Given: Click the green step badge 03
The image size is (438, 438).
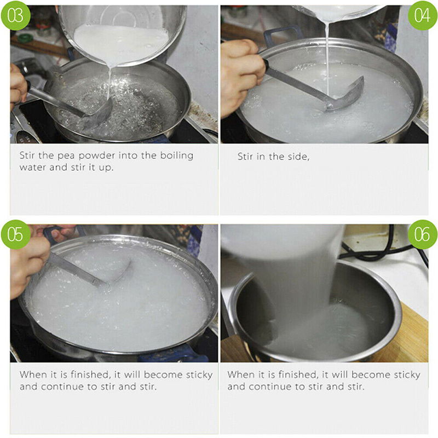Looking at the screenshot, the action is coord(15,15).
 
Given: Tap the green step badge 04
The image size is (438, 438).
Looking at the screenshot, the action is coord(422,15).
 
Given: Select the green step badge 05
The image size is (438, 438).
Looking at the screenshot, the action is coord(15,234).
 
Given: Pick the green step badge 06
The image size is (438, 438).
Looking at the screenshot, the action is coord(422,234).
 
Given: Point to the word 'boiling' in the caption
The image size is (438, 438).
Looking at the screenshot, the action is coord(176,155).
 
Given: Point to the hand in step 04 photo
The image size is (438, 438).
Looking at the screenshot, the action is coord(242,76).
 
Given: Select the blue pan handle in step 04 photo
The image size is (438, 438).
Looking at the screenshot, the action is coord(282,35).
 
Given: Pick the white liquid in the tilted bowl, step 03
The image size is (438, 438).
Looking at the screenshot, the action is coord(120,42).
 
